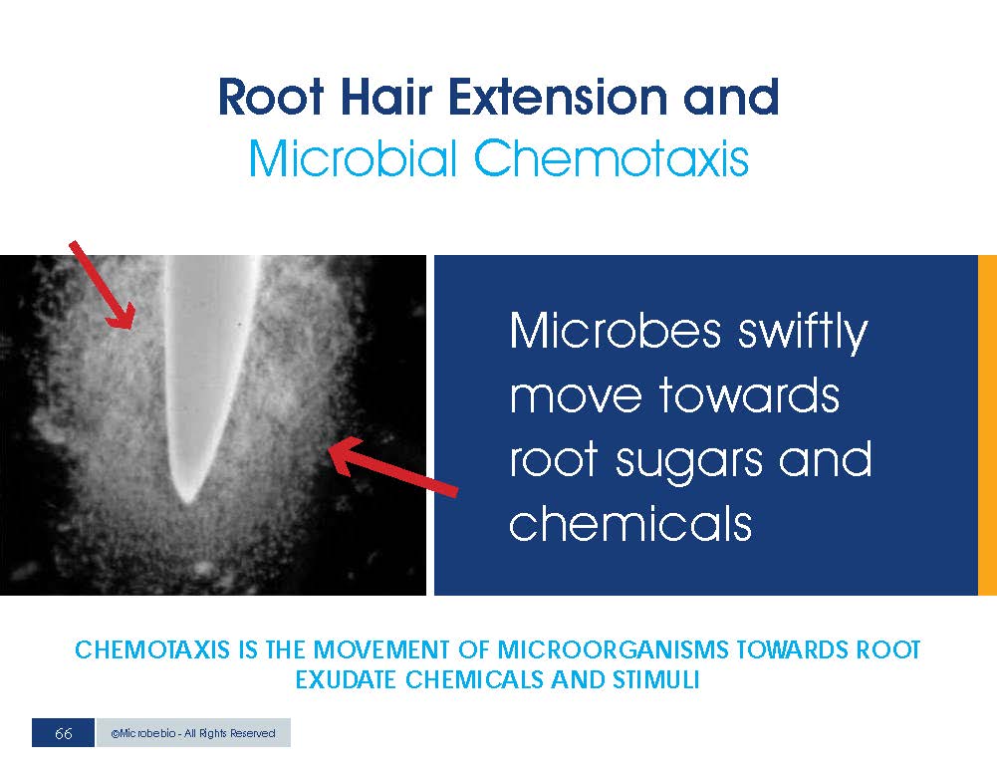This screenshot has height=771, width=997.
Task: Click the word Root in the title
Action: click(x=271, y=98)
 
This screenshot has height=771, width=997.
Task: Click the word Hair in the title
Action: click(x=386, y=97)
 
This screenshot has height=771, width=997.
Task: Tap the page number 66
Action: click(x=63, y=733)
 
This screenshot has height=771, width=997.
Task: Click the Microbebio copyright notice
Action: click(x=192, y=733)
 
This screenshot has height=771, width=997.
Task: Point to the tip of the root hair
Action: click(x=187, y=502)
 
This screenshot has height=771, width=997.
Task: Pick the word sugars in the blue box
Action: click(x=689, y=461)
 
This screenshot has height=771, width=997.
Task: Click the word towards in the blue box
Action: click(x=749, y=394)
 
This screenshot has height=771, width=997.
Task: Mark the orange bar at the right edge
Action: click(x=987, y=425)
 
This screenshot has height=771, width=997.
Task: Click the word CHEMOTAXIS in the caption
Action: click(x=152, y=649)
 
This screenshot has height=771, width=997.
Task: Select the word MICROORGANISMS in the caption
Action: click(x=612, y=649)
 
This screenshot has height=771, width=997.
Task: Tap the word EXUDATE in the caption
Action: click(x=346, y=679)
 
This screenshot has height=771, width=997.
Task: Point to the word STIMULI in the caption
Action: click(x=655, y=679)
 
